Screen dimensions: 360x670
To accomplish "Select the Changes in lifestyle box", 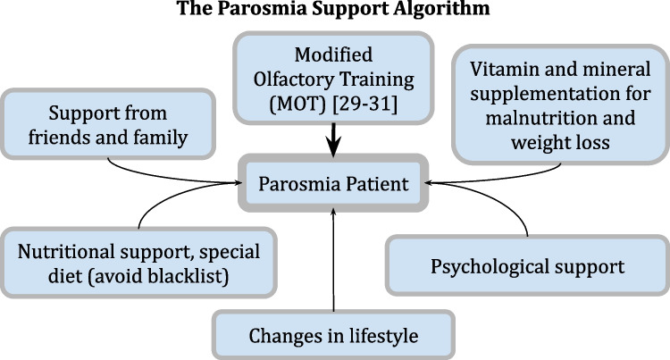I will click(x=332, y=337).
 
